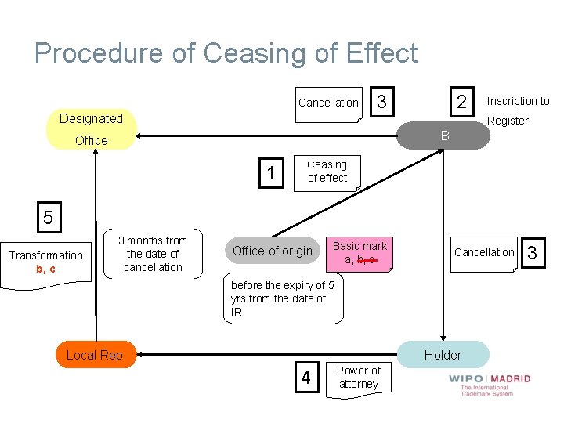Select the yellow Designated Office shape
click(x=91, y=129)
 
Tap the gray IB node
click(x=443, y=136)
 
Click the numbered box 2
click(x=461, y=102)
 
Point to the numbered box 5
click(x=48, y=217)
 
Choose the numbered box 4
click(x=305, y=378)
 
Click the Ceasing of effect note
click(x=327, y=172)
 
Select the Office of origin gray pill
click(x=273, y=251)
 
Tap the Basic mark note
click(x=360, y=252)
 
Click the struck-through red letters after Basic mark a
click(x=367, y=259)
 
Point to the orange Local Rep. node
click(x=96, y=355)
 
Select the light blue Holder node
click(x=443, y=355)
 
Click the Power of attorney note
click(x=358, y=377)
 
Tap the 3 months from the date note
click(x=153, y=254)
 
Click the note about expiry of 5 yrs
click(x=283, y=298)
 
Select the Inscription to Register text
click(x=517, y=110)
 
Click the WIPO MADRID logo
click(x=490, y=383)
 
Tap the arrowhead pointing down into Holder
click(x=443, y=337)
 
